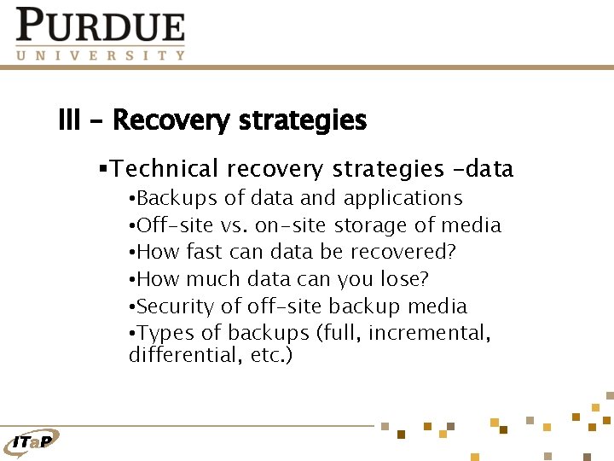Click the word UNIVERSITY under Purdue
pos(101,55)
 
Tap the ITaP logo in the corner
pos(32,441)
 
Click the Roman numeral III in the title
pos(69,120)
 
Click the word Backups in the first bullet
pos(177,198)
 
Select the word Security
pos(174,306)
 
